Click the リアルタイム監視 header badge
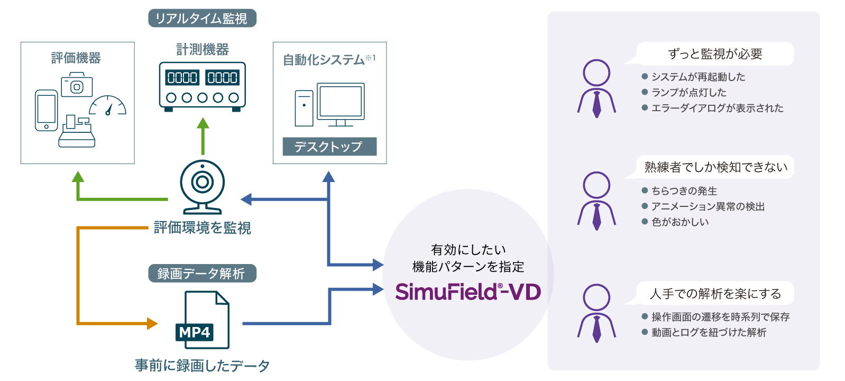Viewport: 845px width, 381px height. point(202,19)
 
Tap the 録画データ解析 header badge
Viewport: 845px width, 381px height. point(202,274)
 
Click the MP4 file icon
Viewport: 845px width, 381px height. point(203,320)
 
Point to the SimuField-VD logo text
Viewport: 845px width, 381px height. point(467,292)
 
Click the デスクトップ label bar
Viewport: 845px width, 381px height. point(329,147)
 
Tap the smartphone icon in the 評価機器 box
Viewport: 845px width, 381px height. point(46,110)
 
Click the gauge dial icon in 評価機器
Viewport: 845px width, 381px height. point(108,106)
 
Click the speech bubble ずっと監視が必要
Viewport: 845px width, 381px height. point(715,54)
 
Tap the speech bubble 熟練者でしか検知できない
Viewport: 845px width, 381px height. point(715,167)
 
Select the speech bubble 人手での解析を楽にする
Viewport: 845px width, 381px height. point(715,294)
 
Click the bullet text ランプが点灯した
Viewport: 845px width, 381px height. point(688,93)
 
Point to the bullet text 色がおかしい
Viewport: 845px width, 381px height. point(680,222)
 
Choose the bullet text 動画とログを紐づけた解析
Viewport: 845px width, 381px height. point(709,332)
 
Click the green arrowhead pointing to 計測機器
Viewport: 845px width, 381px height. point(203,123)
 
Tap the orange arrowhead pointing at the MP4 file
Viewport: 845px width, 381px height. point(152,323)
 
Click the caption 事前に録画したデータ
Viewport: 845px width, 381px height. point(202,365)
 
